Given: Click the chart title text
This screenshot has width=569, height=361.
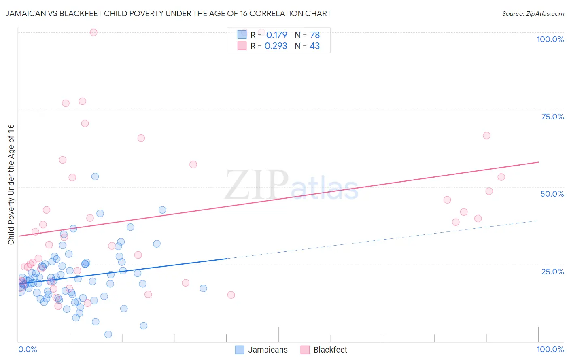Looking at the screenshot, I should point(168,13).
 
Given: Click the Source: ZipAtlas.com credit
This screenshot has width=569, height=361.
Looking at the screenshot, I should point(533,13).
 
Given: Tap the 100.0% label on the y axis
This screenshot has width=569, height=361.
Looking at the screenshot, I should point(550,39).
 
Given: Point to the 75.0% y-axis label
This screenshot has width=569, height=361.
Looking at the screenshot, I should point(552,117).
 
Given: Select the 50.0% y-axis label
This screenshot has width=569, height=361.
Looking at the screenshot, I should point(552,194).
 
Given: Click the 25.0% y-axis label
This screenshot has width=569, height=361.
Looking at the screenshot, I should point(552,271).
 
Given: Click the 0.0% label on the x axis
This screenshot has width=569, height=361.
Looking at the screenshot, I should point(28,349).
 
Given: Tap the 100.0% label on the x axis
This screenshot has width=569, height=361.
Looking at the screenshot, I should point(550,349).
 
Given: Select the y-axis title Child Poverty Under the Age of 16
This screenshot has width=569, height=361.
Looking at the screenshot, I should point(11,184).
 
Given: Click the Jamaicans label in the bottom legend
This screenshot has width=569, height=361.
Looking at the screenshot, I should point(268,350).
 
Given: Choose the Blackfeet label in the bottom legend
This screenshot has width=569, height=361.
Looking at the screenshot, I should point(330,350).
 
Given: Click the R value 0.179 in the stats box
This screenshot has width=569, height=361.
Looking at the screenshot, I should point(276,35).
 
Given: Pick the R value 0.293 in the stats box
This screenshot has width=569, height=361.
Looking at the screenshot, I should point(276,46).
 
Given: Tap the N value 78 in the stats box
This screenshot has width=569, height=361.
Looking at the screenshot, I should point(315,35).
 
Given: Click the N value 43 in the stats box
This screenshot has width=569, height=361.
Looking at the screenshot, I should point(314,46).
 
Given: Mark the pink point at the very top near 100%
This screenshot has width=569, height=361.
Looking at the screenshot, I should point(93,32).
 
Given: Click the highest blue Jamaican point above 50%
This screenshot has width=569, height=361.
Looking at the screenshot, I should point(95,176).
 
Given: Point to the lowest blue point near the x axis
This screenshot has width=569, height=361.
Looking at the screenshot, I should point(108,334).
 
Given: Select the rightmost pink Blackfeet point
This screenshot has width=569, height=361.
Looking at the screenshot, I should point(501,177).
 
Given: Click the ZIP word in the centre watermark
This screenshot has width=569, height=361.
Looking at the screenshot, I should point(257,185).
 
